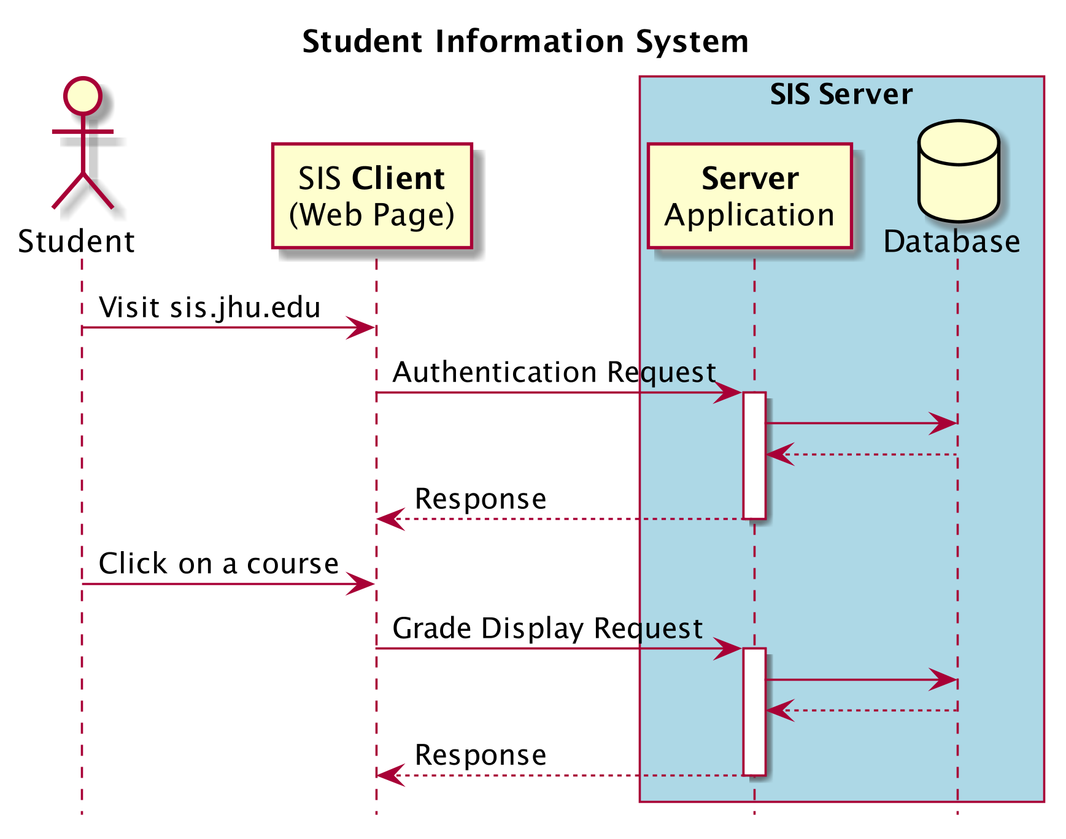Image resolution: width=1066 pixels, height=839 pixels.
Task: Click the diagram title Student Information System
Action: click(525, 42)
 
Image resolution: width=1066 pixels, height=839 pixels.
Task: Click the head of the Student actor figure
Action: click(82, 96)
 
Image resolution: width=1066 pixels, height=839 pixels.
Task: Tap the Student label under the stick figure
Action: click(76, 241)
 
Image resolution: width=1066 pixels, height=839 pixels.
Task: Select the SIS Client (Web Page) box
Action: click(372, 196)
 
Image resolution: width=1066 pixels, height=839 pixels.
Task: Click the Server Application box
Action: click(749, 196)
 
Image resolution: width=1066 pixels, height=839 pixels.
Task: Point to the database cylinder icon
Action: click(958, 171)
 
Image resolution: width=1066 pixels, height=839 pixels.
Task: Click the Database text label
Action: click(951, 241)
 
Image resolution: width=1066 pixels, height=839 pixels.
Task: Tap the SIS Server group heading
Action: click(841, 95)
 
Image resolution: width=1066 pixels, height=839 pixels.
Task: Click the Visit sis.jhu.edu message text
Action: click(209, 307)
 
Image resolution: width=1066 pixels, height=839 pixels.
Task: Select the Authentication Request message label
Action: click(554, 373)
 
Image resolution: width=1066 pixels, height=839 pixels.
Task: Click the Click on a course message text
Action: click(218, 563)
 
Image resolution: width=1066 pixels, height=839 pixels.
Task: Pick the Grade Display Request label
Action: click(547, 628)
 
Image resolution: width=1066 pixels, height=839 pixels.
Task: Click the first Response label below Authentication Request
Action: click(481, 498)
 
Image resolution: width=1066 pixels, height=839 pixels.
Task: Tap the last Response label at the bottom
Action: click(481, 755)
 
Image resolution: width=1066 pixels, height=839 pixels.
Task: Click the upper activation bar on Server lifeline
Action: click(754, 455)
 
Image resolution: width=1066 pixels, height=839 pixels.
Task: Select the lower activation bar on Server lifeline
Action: click(754, 711)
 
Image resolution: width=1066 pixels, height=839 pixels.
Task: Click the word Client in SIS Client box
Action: click(398, 179)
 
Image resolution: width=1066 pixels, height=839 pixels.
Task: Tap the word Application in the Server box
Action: click(749, 215)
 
